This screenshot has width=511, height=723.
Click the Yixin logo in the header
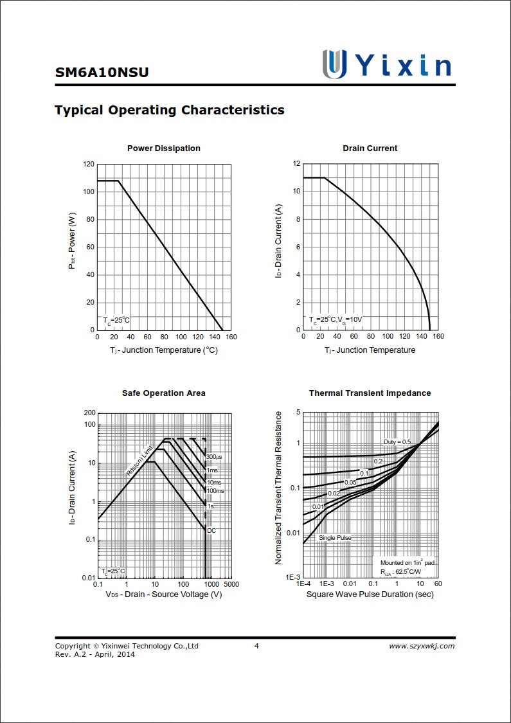386,64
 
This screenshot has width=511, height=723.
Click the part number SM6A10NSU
102,73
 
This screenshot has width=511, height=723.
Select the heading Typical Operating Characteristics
170,110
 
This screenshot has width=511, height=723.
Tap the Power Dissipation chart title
164,148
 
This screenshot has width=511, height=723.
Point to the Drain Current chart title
370,148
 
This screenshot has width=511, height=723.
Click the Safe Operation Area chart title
164,393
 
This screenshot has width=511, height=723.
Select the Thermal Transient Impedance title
370,393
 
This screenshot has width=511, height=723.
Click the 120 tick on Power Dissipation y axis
89,165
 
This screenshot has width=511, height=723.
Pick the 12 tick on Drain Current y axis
296,164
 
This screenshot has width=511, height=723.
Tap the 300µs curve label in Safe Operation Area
214,457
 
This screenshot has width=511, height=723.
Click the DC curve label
211,530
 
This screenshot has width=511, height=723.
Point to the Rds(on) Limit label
139,460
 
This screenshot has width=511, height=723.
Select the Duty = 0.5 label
397,442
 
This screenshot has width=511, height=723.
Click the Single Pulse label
335,538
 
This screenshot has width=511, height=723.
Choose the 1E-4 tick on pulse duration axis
303,584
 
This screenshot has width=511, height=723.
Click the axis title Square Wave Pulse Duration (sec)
370,594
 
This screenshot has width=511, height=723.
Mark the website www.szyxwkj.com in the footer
422,646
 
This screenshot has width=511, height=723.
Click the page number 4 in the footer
256,646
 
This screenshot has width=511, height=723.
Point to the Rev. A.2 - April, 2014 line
95,654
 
